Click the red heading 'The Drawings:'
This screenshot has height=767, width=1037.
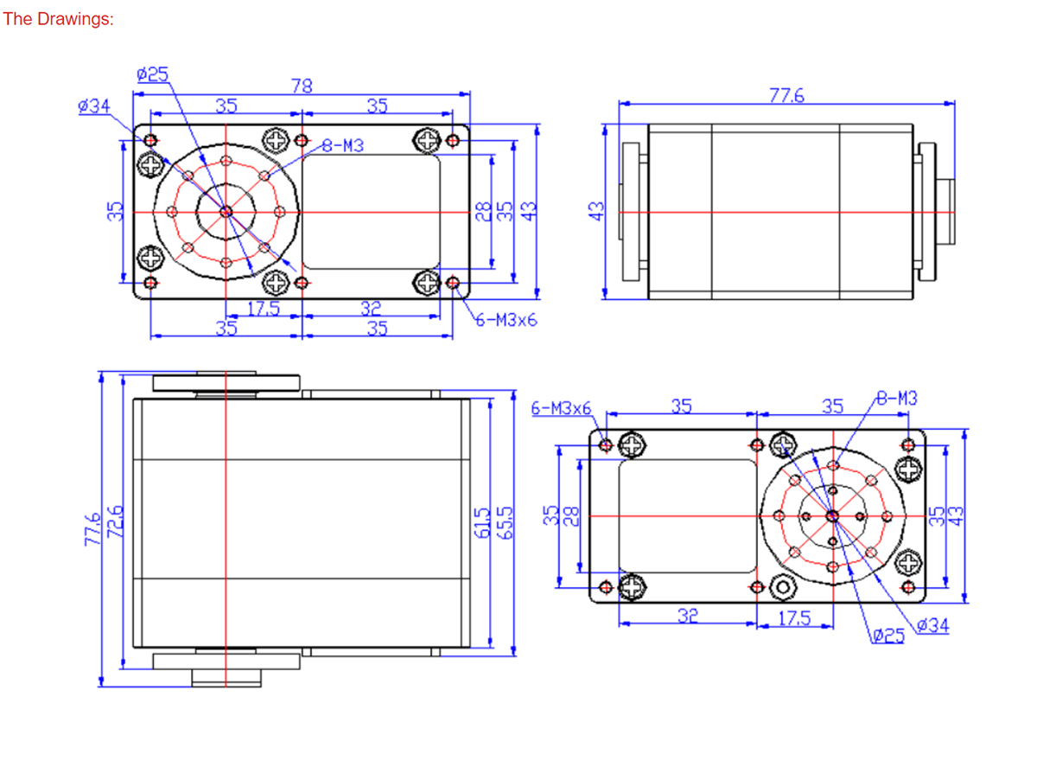click(58, 19)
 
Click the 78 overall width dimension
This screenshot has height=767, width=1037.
click(302, 86)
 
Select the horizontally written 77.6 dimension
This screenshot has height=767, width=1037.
click(786, 95)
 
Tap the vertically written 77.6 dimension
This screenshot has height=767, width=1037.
click(92, 529)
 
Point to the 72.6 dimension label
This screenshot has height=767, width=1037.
click(115, 521)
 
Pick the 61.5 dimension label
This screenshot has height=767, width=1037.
click(481, 523)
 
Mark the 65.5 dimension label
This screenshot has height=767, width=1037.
click(505, 523)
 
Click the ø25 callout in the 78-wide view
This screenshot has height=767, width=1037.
click(152, 74)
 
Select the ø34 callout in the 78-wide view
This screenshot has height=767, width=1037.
click(94, 105)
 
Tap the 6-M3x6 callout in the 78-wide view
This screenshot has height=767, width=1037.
click(506, 321)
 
